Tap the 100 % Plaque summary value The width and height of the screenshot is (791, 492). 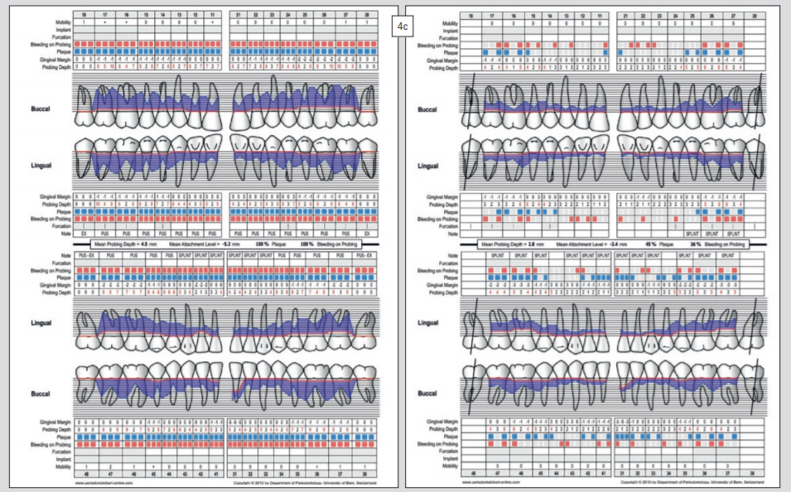point(263,246)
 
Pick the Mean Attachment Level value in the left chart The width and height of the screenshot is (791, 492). point(199,246)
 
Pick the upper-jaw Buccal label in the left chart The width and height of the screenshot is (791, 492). point(32,109)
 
